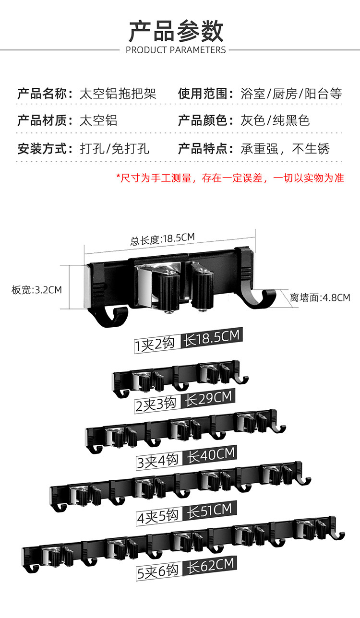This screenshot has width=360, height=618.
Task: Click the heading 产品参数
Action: coord(177,31)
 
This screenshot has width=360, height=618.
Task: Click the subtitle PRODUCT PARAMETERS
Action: coord(176,50)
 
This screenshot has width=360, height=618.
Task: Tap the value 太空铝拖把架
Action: coord(118,93)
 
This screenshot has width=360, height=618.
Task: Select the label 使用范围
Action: coord(202,93)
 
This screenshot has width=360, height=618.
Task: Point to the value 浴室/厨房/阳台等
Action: coord(291,93)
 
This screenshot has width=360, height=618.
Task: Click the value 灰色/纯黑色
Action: coord(275,120)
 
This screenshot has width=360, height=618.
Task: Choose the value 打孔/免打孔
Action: coord(115,148)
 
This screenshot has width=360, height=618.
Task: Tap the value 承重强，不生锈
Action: coord(285,148)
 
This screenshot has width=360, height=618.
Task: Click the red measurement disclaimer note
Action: coord(230,178)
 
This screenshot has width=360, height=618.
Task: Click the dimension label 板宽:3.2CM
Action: coord(37,290)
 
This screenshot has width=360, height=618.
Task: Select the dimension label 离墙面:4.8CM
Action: coord(320,297)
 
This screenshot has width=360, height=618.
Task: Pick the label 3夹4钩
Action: coord(158,462)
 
